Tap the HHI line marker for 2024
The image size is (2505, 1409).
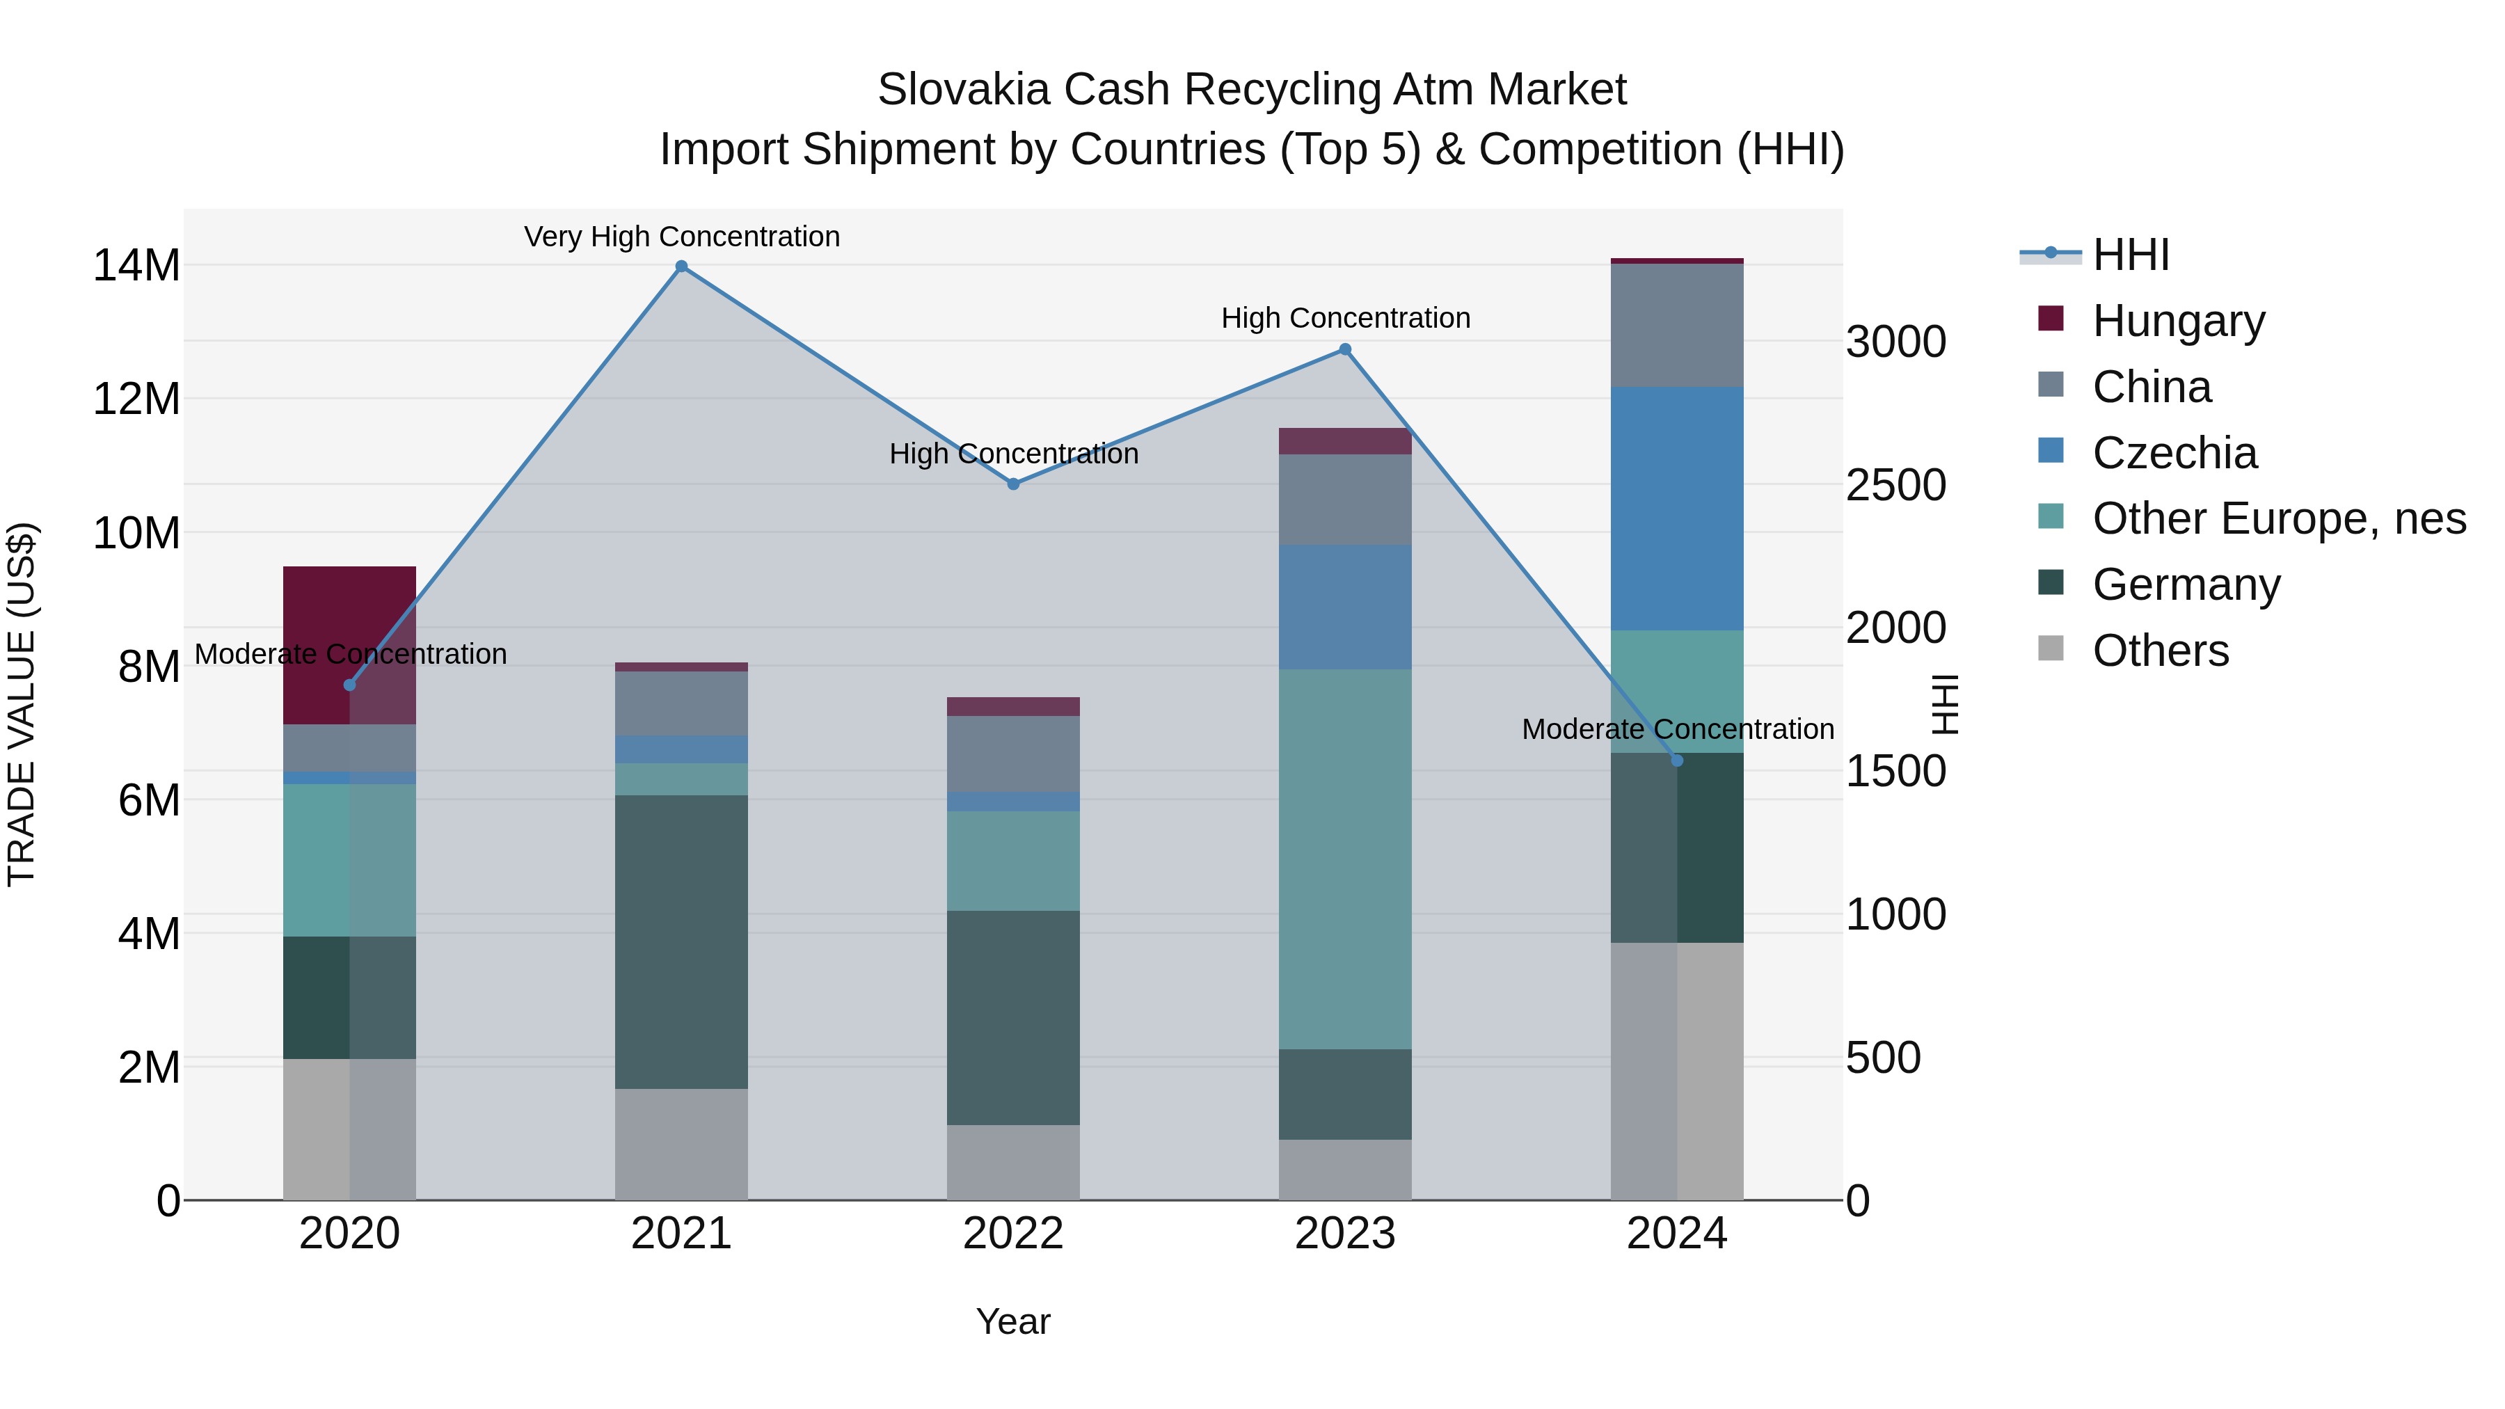click(x=1676, y=761)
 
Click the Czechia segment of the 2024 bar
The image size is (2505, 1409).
click(x=1676, y=508)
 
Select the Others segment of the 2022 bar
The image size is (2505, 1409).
click(x=1012, y=1162)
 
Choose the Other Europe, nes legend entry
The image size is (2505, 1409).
click(x=2278, y=518)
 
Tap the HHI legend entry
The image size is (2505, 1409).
click(x=2130, y=255)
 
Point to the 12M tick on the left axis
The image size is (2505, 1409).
click(x=136, y=399)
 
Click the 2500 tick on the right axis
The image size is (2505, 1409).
click(x=1895, y=484)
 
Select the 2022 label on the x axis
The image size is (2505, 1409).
click(x=1012, y=1234)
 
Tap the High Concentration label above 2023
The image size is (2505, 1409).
click(x=1345, y=318)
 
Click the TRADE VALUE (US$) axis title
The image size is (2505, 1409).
click(x=22, y=704)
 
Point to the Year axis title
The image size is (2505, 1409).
click(x=1012, y=1321)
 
